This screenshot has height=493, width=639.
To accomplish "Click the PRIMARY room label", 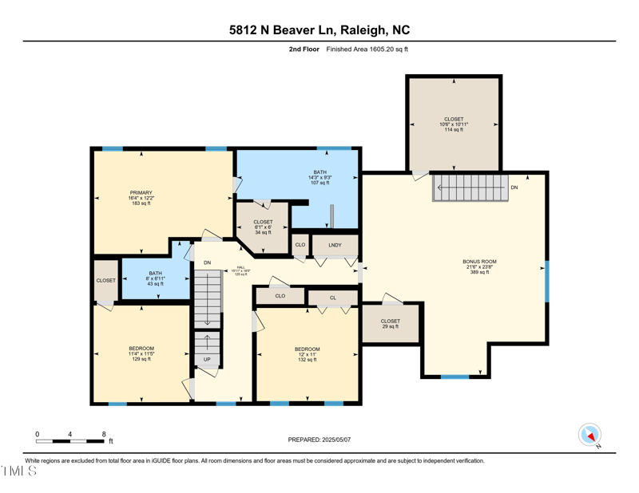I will pyautogui.click(x=141, y=198).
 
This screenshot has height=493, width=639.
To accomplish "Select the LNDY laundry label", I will pyautogui.click(x=334, y=245).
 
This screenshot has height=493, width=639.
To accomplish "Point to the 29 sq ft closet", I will pyautogui.click(x=390, y=324).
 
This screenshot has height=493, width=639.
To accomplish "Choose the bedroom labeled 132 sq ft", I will pyautogui.click(x=307, y=354).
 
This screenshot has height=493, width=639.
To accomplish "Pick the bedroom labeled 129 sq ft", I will pyautogui.click(x=141, y=353).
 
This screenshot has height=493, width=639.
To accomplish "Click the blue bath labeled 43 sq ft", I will pyautogui.click(x=155, y=278).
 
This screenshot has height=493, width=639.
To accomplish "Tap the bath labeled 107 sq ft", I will pyautogui.click(x=319, y=177).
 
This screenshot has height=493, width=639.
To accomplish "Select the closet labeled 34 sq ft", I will pyautogui.click(x=263, y=227).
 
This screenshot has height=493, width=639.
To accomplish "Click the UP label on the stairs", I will pyautogui.click(x=207, y=360).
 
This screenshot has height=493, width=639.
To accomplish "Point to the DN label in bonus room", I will pyautogui.click(x=514, y=187).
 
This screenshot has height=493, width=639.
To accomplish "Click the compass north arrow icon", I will pyautogui.click(x=589, y=435).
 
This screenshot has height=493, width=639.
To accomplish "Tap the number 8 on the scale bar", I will pyautogui.click(x=104, y=434).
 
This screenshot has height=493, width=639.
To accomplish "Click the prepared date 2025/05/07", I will pyautogui.click(x=319, y=440).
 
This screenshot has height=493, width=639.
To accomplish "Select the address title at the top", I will pyautogui.click(x=319, y=30).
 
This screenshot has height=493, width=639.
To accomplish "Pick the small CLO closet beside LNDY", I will pyautogui.click(x=300, y=245).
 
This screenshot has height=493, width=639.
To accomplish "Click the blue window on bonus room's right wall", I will pyautogui.click(x=547, y=281).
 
